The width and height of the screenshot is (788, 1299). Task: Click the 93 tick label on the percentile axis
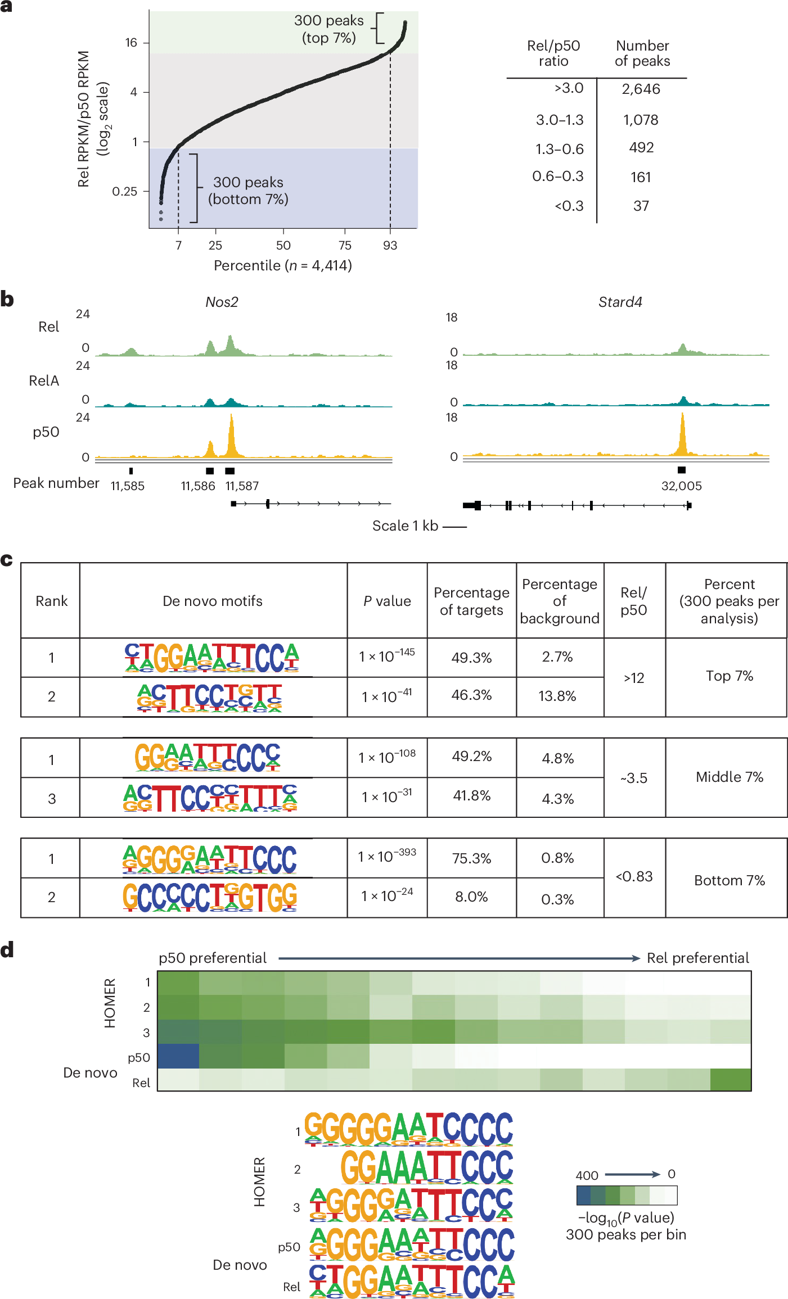point(390,246)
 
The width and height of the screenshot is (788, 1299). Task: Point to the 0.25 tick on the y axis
point(125,192)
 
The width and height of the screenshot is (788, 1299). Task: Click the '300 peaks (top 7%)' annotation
point(329,29)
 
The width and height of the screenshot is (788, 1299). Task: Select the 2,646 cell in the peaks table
point(641,89)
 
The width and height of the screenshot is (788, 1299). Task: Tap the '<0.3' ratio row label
point(569,206)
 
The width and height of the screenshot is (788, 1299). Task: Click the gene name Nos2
point(222,302)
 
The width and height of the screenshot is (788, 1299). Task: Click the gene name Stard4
point(620,302)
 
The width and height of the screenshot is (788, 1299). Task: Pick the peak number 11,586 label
point(198,486)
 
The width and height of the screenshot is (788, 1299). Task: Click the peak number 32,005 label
point(681,486)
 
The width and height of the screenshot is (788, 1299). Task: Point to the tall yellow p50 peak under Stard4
point(682,436)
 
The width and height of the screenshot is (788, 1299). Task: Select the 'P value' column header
point(387,601)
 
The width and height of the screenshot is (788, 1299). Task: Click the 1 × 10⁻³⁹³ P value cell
point(387,857)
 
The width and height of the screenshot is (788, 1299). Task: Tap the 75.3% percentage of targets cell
point(471,858)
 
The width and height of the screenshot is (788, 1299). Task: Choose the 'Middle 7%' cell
point(729,777)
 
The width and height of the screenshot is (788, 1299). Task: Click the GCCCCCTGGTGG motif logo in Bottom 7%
point(210,897)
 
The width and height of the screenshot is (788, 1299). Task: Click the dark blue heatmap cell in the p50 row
point(178,1056)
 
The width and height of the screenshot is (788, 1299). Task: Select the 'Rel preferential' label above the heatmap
point(697,958)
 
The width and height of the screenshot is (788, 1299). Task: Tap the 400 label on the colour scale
point(587,1175)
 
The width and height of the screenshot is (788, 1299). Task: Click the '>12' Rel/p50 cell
point(634,678)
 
